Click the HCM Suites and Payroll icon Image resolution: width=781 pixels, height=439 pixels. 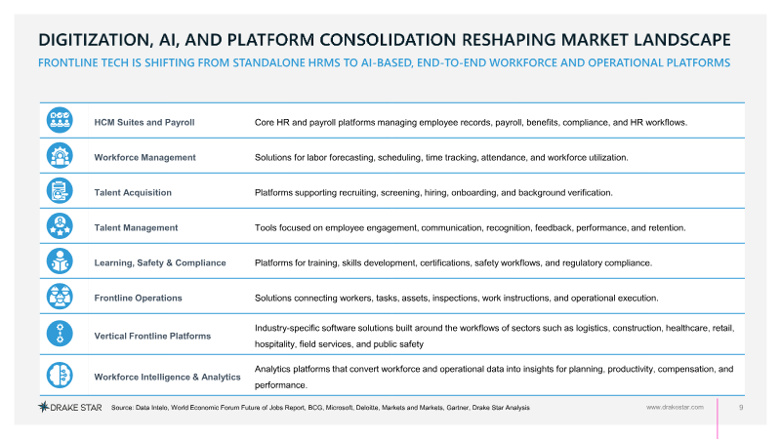pyautogui.click(x=60, y=120)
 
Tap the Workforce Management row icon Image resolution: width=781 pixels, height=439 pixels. pyautogui.click(x=60, y=156)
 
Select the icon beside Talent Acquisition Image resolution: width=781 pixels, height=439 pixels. pyautogui.click(x=60, y=190)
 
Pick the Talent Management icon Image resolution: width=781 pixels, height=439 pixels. pyautogui.click(x=60, y=226)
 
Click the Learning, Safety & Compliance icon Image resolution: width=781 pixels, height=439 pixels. pyautogui.click(x=60, y=261)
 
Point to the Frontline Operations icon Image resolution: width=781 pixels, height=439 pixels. pyautogui.click(x=60, y=297)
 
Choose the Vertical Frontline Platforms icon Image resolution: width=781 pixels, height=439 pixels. pyautogui.click(x=60, y=334)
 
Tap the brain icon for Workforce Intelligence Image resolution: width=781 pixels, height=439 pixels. pyautogui.click(x=60, y=375)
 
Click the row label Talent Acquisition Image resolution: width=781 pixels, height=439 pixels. pyautogui.click(x=133, y=192)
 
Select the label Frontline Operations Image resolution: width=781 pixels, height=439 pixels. pyautogui.click(x=138, y=299)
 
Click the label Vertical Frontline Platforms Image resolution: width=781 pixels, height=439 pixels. pyautogui.click(x=152, y=336)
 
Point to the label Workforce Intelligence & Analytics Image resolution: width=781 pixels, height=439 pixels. pyautogui.click(x=167, y=378)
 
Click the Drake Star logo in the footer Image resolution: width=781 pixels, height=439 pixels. pyautogui.click(x=70, y=407)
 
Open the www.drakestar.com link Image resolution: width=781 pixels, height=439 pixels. pyautogui.click(x=675, y=407)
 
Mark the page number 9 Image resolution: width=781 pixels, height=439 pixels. pyautogui.click(x=741, y=407)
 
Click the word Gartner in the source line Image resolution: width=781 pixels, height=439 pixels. pyautogui.click(x=457, y=408)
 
